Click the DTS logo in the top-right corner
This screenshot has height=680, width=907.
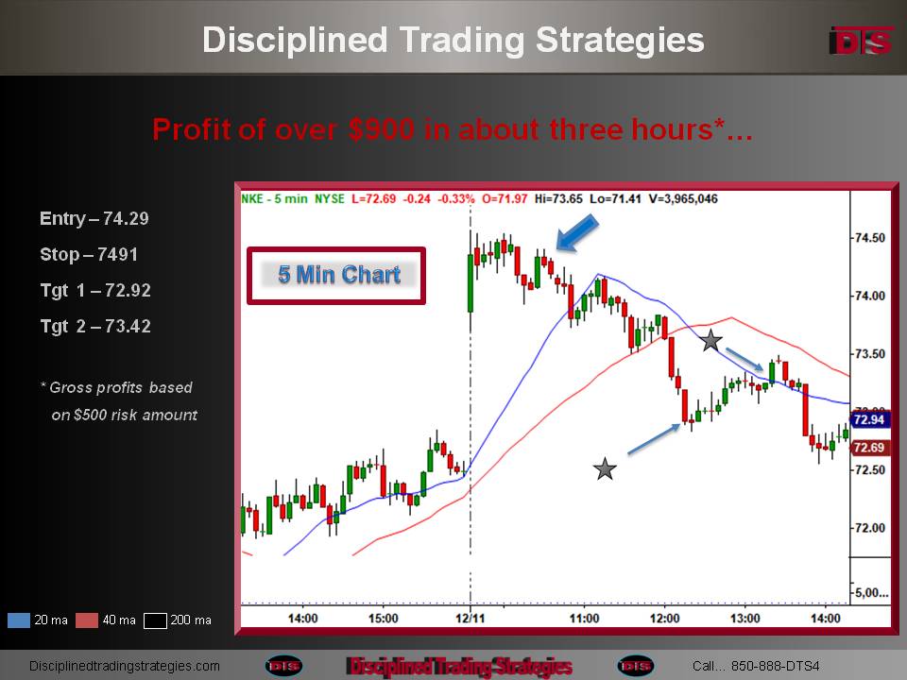[861, 41]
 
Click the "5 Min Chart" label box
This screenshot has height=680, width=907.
[336, 275]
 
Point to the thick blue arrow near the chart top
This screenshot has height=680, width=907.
[576, 232]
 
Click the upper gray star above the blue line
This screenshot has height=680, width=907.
[710, 340]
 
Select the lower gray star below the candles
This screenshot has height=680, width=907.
[605, 468]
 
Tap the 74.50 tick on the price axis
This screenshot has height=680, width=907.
[869, 238]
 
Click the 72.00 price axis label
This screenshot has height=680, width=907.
[869, 527]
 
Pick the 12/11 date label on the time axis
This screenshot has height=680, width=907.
[471, 618]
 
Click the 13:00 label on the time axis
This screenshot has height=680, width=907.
[745, 618]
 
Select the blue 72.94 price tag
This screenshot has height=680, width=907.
[869, 419]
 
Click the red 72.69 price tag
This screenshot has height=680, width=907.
[869, 447]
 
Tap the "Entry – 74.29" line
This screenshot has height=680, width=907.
[94, 218]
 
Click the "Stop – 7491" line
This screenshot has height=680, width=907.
[89, 254]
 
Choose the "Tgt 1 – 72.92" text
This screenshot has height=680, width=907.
[95, 290]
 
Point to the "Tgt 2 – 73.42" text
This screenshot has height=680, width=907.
[95, 326]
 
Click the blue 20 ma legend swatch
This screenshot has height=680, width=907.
[19, 620]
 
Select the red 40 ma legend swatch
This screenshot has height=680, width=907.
[87, 620]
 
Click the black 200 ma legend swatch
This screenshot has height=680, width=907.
[155, 620]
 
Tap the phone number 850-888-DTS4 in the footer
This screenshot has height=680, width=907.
[775, 666]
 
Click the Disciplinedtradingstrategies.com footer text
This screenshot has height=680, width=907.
[125, 666]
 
